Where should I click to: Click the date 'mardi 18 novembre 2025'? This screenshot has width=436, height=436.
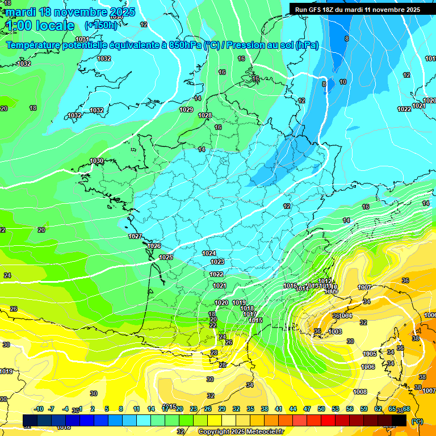pyautogui.click(x=70, y=12)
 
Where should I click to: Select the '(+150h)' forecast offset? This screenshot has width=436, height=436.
pyautogui.click(x=101, y=25)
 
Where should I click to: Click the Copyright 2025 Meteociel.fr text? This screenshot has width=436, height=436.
pyautogui.click(x=241, y=431)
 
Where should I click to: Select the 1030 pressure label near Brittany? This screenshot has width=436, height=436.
pyautogui.click(x=97, y=161)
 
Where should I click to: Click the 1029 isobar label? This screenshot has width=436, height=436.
pyautogui.click(x=186, y=110)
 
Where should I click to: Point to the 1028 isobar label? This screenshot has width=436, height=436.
pyautogui.click(x=205, y=116)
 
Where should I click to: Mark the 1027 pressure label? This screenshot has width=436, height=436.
pyautogui.click(x=135, y=236)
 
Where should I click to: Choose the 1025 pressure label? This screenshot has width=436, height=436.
pyautogui.click(x=166, y=258)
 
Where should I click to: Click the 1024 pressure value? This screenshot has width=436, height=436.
pyautogui.click(x=209, y=253)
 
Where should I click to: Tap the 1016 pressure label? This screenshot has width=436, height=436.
pyautogui.click(x=290, y=286)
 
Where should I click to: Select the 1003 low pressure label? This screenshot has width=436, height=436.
pyautogui.click(x=335, y=332)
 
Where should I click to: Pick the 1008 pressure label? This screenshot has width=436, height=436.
pyautogui.click(x=360, y=392)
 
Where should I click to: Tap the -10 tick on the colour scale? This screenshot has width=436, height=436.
pyautogui.click(x=39, y=409)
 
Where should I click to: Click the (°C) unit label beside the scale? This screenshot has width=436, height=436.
pyautogui.click(x=417, y=421)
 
